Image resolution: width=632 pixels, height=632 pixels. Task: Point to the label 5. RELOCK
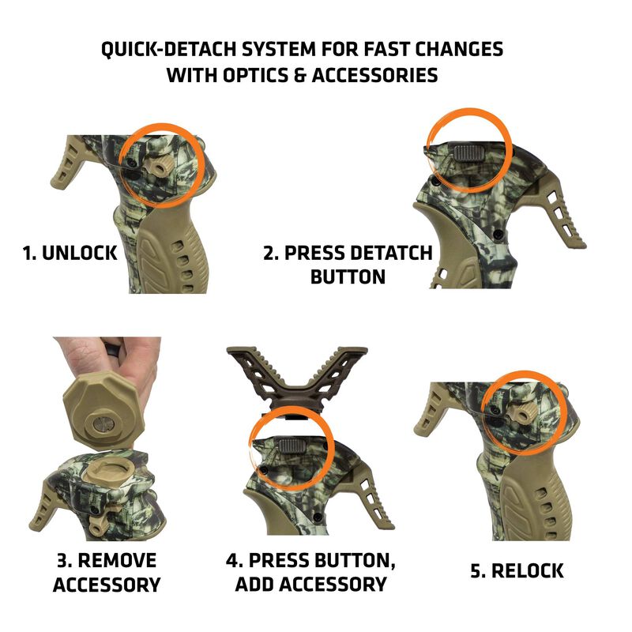pos(517,571)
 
